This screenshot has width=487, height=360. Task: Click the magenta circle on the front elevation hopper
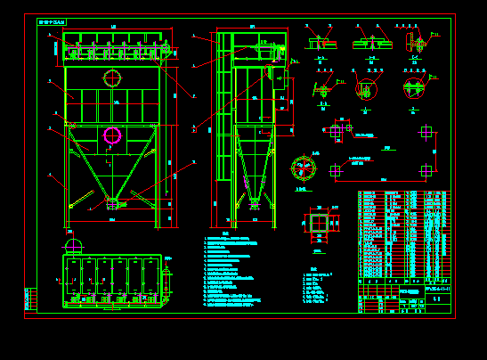[112, 135]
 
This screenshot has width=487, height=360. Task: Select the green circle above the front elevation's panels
[112, 78]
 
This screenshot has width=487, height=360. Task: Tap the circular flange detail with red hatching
[304, 168]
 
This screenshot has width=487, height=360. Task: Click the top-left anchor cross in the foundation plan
[336, 132]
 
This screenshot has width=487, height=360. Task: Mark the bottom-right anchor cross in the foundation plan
[426, 170]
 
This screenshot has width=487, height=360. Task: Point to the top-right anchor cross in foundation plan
[426, 132]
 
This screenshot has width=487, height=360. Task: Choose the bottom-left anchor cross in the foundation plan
[336, 170]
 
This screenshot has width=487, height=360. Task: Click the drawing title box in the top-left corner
[52, 21]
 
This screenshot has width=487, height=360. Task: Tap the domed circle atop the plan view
[74, 246]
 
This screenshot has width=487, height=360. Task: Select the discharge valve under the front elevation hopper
[112, 204]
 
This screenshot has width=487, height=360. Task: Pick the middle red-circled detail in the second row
[365, 90]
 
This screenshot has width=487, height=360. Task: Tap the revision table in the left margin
[31, 299]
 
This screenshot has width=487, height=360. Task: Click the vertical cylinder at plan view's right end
[166, 281]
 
